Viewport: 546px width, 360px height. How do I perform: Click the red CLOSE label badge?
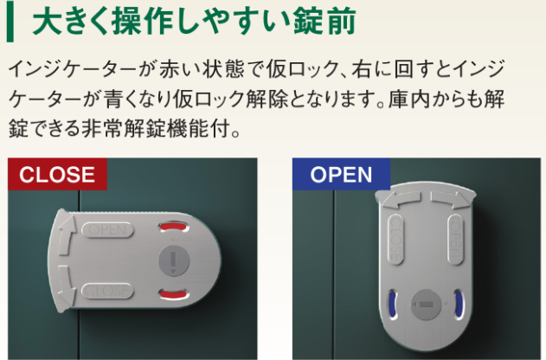[57, 174]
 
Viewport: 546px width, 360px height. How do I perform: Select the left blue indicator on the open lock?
[392, 304]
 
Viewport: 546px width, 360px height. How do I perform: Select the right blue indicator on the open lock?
[456, 304]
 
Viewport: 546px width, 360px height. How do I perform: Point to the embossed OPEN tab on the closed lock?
[108, 230]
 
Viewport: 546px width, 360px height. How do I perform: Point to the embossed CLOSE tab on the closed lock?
[108, 290]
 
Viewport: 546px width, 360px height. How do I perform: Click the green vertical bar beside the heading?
[10, 22]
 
